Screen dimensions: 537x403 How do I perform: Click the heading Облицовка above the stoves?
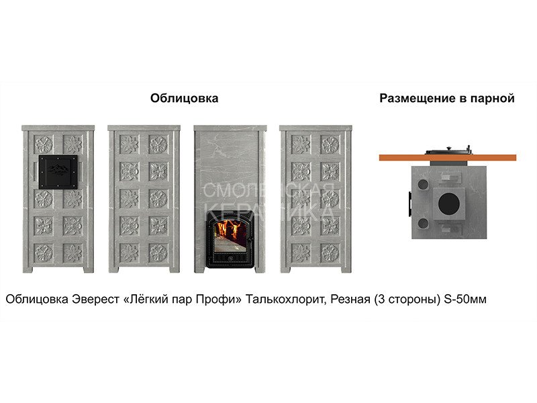(x=184, y=98)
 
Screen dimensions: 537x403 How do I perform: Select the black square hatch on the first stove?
(x=58, y=172)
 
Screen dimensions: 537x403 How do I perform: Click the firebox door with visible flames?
(x=230, y=239)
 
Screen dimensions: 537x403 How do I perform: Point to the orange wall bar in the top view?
(x=447, y=158)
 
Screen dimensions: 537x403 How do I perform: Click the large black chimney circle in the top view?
(x=448, y=204)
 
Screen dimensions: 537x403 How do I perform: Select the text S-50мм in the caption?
(x=465, y=299)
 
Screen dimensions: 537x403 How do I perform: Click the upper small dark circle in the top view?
(x=423, y=184)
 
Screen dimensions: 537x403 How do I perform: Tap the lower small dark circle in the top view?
(x=423, y=224)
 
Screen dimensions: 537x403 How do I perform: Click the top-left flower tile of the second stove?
(x=130, y=144)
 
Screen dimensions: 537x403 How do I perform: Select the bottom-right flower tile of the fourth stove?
(x=330, y=253)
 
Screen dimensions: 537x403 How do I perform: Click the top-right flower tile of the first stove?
(x=73, y=144)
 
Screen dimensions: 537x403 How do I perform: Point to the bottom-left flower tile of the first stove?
(x=44, y=253)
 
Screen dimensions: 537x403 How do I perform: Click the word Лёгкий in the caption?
(x=142, y=299)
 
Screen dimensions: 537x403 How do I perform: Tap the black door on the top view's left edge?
(x=409, y=204)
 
